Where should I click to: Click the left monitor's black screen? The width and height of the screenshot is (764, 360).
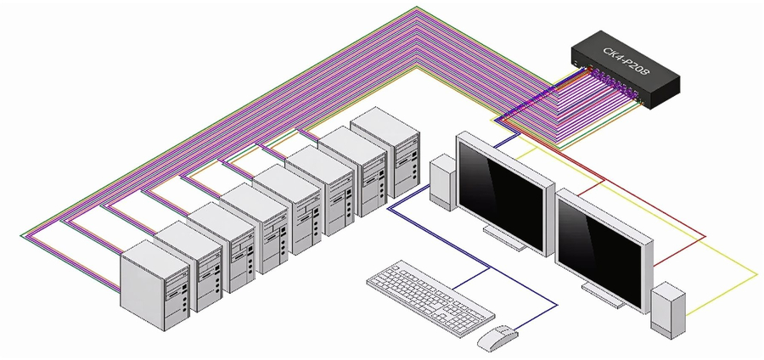click(x=500, y=190)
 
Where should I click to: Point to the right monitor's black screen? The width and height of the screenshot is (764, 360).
click(x=603, y=246)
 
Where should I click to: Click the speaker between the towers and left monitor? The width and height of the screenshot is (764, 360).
click(x=443, y=183)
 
